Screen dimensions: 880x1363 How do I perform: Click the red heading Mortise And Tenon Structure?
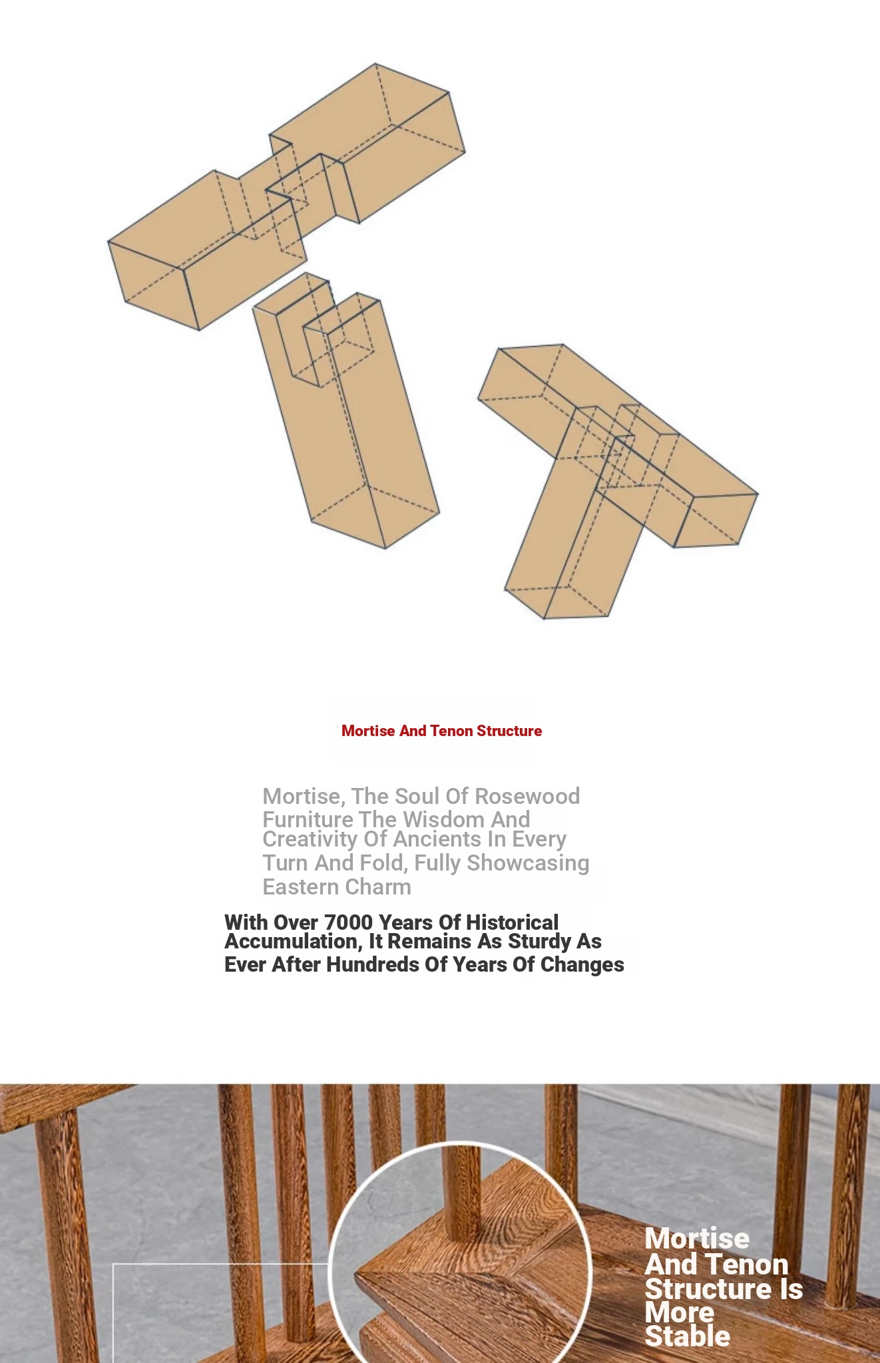point(441,731)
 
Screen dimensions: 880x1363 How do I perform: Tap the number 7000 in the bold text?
point(348,922)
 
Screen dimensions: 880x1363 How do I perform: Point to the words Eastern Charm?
point(337,887)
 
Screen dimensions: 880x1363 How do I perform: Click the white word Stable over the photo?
point(688,1336)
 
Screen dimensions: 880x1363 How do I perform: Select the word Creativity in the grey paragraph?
point(310,839)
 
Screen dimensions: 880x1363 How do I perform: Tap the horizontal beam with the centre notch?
point(286,196)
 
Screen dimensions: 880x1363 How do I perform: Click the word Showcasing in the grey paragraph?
point(528,863)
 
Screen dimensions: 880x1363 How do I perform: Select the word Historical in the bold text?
point(512,922)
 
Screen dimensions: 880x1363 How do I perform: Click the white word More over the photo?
point(680,1312)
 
